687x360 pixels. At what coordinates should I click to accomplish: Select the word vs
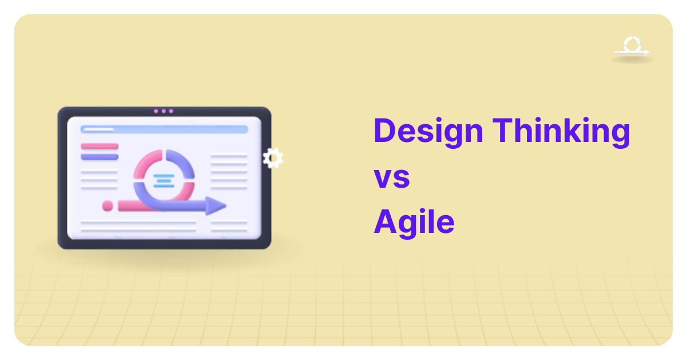392,177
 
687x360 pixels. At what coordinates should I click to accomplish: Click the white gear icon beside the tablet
273,158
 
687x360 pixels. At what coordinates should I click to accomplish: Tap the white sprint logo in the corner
632,47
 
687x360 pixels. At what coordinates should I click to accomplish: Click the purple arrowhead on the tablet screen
216,205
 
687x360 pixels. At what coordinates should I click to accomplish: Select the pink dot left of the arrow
108,205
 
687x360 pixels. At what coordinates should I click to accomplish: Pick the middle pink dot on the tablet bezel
164,111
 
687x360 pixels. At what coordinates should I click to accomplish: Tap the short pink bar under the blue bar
100,147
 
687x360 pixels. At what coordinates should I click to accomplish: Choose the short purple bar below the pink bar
100,156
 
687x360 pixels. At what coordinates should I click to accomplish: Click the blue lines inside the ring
164,181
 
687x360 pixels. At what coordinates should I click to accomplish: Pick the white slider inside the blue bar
98,129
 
